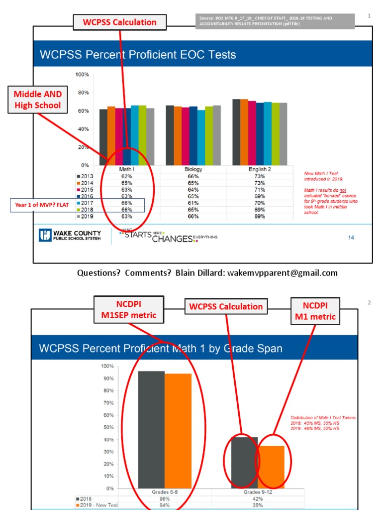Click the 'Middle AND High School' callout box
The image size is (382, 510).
point(37,100)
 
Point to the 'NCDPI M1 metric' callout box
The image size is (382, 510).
point(315,310)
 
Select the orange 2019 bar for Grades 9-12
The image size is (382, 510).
point(271,467)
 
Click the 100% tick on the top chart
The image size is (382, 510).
point(82,75)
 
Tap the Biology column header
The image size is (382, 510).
point(193,170)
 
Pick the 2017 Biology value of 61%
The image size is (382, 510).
point(193,203)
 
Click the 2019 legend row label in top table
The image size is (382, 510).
point(87,217)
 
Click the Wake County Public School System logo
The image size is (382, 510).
point(70,236)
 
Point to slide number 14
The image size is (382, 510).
point(351,238)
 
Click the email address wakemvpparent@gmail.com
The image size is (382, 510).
point(283,273)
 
